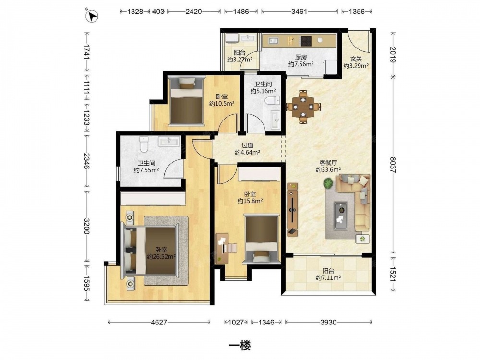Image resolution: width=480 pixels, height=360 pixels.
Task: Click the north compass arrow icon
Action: (93, 16)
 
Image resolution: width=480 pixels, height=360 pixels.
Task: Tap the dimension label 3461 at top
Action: (299, 12)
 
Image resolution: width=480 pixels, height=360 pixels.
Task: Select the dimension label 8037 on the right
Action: (393, 165)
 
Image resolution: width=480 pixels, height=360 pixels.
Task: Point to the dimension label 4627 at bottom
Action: (159, 322)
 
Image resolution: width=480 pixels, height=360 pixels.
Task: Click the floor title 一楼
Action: (240, 346)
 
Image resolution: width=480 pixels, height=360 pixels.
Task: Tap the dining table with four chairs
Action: (303, 107)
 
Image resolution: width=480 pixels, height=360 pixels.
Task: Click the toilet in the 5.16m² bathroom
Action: (273, 100)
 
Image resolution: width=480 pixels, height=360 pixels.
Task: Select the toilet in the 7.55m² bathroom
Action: (144, 144)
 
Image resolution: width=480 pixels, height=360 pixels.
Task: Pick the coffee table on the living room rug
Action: (340, 216)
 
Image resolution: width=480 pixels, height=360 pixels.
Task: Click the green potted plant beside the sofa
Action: (328, 184)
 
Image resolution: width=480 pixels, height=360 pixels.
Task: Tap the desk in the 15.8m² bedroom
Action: (222, 248)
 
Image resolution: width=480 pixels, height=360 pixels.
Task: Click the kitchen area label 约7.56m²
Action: (301, 64)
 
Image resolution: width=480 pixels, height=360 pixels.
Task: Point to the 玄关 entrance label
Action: (356, 59)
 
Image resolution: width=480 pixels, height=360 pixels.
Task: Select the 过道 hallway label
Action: (247, 146)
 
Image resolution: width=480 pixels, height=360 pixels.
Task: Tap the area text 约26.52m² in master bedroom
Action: (161, 256)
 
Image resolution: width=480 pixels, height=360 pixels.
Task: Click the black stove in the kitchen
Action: (305, 41)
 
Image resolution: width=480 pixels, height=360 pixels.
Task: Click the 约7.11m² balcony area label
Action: (328, 277)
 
